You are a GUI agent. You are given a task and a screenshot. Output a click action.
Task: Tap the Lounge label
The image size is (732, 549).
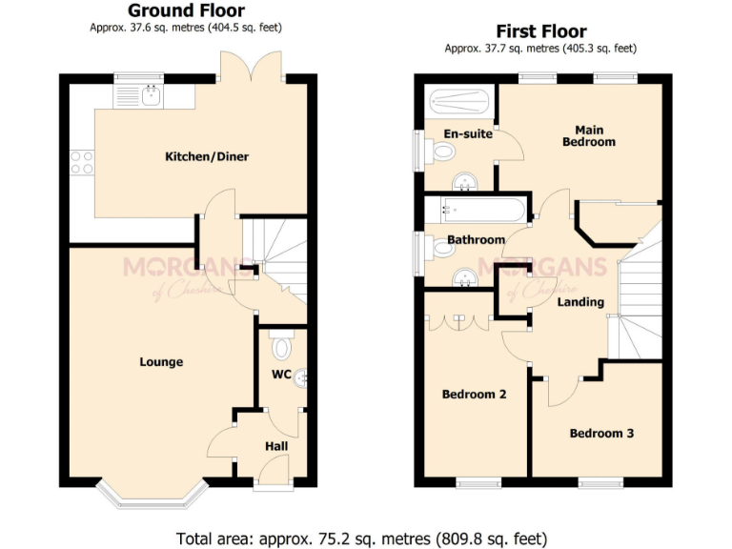(x=161, y=362)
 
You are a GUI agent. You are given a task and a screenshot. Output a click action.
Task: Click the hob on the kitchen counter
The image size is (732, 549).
(x=81, y=163)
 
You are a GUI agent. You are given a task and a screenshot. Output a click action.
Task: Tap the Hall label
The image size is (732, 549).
(x=275, y=446)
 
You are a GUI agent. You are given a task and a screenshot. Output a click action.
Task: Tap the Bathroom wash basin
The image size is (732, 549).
(x=465, y=277)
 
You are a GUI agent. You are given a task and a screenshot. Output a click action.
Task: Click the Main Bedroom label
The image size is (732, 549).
(x=588, y=135)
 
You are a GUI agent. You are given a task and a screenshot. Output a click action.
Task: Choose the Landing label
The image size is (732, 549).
(x=580, y=302)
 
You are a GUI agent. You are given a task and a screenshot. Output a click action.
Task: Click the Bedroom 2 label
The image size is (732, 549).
(x=474, y=395)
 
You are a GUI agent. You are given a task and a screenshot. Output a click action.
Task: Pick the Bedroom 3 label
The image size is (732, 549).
(x=601, y=434)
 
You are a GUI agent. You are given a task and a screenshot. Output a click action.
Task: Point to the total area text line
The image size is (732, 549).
(x=362, y=538)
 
